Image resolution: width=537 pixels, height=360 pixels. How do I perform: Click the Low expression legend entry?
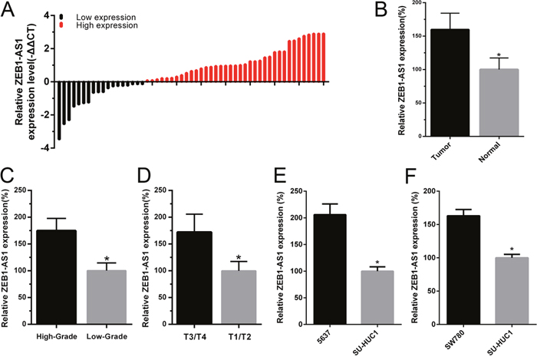[x=87, y=15]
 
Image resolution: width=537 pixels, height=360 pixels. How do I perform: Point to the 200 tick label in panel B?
[x=413, y=3]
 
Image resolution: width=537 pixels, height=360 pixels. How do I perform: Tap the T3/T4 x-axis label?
[x=206, y=336]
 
